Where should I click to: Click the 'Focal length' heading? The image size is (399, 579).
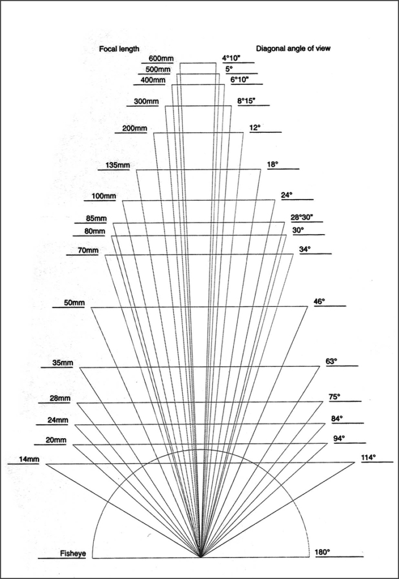tap(119, 49)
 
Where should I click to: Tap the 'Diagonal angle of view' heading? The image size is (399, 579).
tap(293, 49)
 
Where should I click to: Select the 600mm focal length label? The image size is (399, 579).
tap(161, 58)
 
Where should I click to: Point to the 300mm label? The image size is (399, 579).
tap(146, 101)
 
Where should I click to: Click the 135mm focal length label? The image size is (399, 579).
tap(118, 166)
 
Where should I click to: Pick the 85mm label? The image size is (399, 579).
tap(96, 219)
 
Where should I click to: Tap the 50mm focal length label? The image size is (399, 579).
tap(74, 303)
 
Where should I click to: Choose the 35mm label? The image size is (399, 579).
tap(63, 363)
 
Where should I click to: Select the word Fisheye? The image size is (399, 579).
tap(73, 554)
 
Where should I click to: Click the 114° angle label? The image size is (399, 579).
tap(368, 457)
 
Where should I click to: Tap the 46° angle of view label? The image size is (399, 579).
tap(319, 301)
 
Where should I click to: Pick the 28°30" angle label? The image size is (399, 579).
tap(302, 218)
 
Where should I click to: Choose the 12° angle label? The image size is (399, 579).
tap(255, 128)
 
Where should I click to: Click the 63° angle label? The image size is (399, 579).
tap(331, 361)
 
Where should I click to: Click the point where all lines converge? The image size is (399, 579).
tap(201, 558)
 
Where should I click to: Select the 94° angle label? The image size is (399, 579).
tap(339, 438)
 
